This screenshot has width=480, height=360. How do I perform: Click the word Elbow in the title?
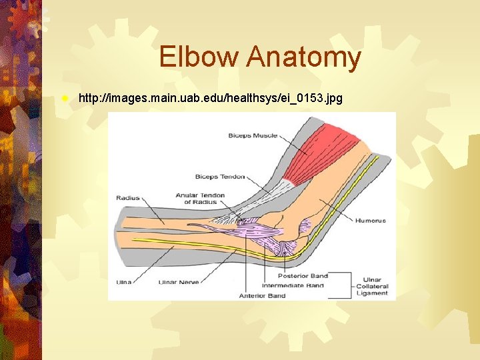coord(199,57)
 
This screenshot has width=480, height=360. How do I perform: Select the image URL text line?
coord(210,99)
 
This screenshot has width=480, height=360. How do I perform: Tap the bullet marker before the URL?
coord(64,98)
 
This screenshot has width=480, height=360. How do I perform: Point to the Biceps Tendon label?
coord(219,177)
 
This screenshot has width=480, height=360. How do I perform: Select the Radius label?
coord(128,198)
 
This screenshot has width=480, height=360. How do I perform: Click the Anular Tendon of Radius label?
coord(200,199)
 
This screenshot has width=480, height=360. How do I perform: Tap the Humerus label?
coord(370,220)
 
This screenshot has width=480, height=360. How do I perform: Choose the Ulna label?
coord(124,282)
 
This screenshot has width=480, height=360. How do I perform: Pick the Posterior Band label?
coord(303,275)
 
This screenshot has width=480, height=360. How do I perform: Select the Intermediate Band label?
coord(293,285)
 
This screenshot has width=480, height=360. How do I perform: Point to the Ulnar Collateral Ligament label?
coord(373,287)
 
